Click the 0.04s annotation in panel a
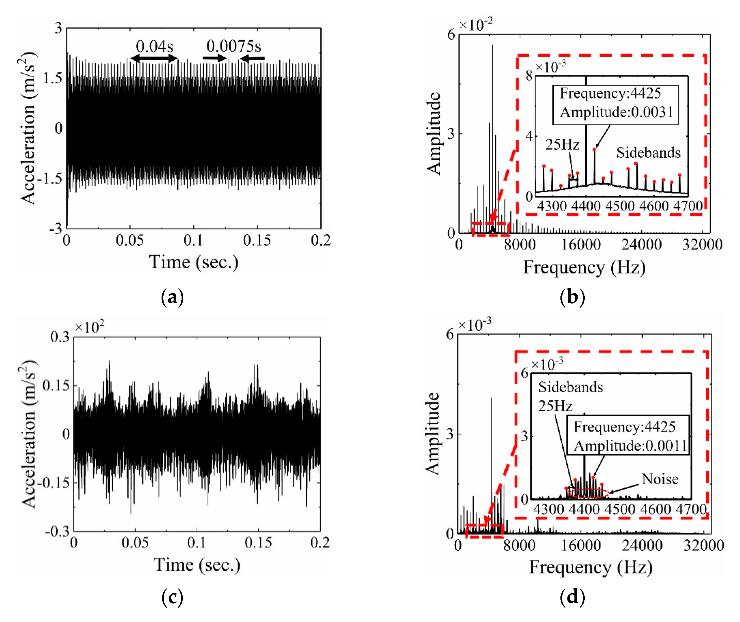point(155,46)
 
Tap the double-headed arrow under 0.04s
point(154,58)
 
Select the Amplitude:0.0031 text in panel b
point(616,112)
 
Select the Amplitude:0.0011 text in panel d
point(630,446)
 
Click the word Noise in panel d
point(660,479)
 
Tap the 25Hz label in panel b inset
point(562,144)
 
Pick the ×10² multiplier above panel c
point(90,327)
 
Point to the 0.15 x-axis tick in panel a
point(257,240)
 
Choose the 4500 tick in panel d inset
point(620,509)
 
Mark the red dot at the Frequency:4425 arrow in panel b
point(594,149)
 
